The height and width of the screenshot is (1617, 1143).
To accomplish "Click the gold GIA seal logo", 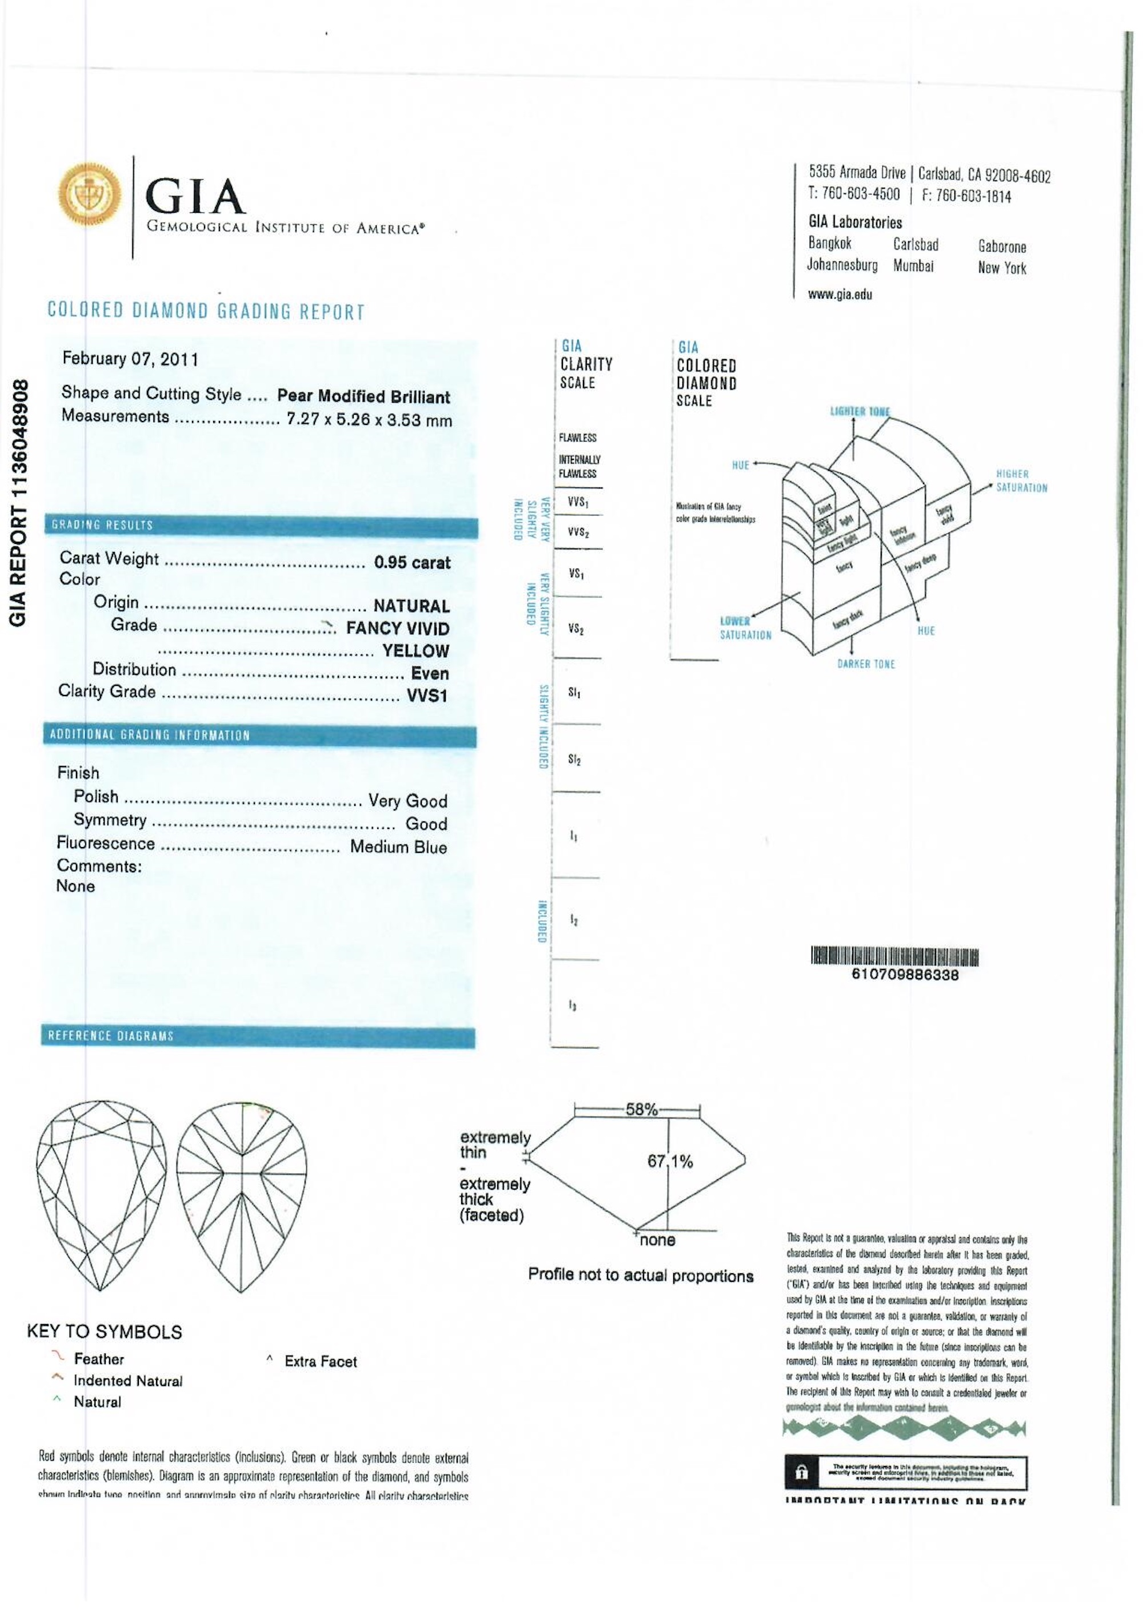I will click(x=89, y=194).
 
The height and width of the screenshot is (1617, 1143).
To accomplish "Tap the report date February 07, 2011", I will click(x=130, y=359).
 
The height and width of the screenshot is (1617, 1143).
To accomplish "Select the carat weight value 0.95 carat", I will click(x=411, y=563).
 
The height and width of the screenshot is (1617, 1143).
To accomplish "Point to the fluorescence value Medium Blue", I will click(x=398, y=847).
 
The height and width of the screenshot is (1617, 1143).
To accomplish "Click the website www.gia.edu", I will click(x=840, y=295).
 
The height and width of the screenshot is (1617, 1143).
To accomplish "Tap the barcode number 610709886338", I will click(x=905, y=975).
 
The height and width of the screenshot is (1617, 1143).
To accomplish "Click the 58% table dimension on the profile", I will click(x=641, y=1110).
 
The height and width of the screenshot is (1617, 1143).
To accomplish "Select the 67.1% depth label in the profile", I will click(x=670, y=1161).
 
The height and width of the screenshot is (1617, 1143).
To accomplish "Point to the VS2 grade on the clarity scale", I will click(x=576, y=629).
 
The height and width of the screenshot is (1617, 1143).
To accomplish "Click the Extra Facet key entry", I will click(x=320, y=1362).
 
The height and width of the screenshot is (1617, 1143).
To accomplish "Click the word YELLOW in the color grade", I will click(x=415, y=651).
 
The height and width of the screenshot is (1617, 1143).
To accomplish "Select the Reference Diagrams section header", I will click(x=111, y=1036).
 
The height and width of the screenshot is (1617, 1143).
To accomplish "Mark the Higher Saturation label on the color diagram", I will click(x=1021, y=481).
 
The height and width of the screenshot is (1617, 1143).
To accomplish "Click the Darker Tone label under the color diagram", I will click(x=866, y=664).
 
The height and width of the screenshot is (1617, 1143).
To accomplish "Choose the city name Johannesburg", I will click(x=842, y=265).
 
